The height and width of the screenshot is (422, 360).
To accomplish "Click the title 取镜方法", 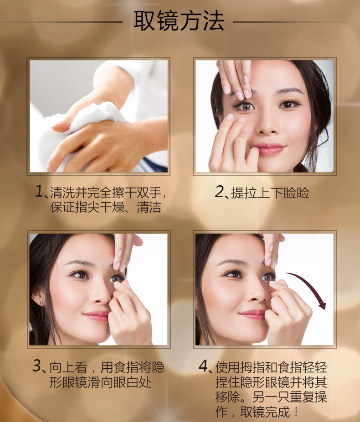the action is [x=179, y=21].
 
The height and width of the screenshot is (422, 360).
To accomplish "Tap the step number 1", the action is [x=39, y=191].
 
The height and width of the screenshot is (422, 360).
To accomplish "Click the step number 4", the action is [x=203, y=366].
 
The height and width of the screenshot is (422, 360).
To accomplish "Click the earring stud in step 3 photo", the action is [x=41, y=303].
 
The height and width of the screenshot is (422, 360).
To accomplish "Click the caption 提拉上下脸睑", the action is [x=270, y=192].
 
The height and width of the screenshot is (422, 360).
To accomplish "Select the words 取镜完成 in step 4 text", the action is [x=265, y=412].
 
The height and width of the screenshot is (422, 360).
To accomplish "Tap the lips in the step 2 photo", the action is [x=269, y=148].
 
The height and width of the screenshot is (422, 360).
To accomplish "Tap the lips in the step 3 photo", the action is [x=97, y=315].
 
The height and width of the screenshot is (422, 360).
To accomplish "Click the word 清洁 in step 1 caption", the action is [x=149, y=207].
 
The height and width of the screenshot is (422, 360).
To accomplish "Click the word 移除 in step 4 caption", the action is [x=228, y=397].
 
